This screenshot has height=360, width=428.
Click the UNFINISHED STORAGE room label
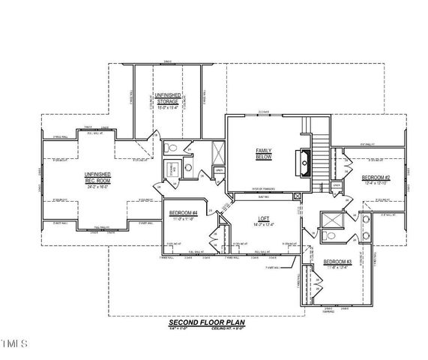click(x=167, y=98)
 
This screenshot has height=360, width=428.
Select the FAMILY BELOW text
click(x=264, y=154)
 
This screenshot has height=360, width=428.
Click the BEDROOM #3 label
click(x=337, y=262)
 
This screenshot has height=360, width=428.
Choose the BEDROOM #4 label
click(x=183, y=212)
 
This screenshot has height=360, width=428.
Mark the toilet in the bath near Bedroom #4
click(x=170, y=148)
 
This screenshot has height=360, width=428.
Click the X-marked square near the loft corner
click(x=298, y=196)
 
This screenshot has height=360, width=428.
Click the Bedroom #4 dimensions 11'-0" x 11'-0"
click(x=183, y=218)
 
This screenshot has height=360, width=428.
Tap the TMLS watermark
click(x=13, y=344)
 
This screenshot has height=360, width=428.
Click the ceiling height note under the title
click(x=222, y=327)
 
